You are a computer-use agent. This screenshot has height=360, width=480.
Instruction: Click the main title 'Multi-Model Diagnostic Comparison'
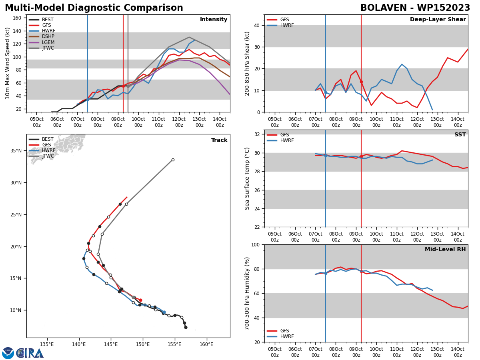(94, 8)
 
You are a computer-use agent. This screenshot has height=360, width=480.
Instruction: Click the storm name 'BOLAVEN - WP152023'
(415, 8)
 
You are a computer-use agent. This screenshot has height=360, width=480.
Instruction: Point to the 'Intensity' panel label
(214, 20)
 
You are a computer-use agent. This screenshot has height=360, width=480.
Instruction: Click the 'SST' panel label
(460, 135)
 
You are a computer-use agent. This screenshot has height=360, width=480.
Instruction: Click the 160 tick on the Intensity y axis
(17, 18)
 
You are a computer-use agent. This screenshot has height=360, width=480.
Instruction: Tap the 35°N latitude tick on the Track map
(16, 151)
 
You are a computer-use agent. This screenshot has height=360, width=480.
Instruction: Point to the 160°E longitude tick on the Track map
(206, 344)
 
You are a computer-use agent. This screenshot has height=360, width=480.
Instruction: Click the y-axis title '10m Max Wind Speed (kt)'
(8, 63)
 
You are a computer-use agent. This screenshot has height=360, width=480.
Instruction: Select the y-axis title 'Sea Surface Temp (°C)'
(248, 178)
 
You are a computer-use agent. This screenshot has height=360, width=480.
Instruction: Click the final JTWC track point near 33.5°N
(173, 160)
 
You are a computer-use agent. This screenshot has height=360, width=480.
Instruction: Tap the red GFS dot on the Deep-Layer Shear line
(361, 82)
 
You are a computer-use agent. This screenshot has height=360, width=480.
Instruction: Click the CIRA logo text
(30, 353)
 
